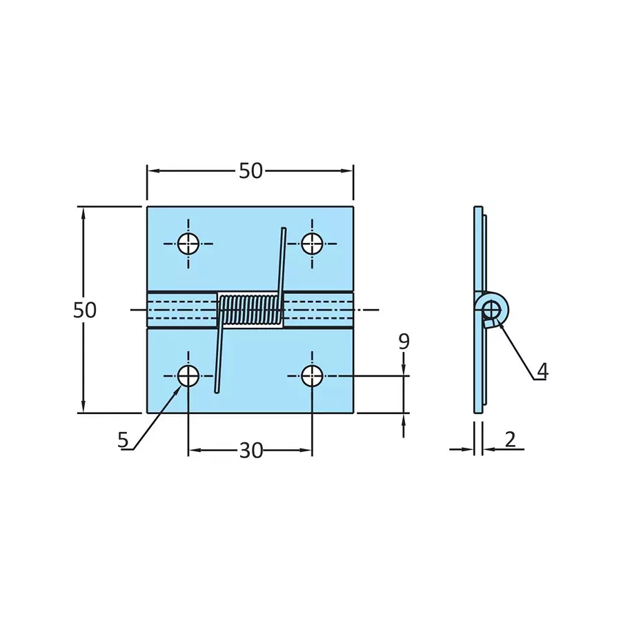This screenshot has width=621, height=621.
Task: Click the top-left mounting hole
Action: (188, 243)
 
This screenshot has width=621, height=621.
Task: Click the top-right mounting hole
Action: (312, 243)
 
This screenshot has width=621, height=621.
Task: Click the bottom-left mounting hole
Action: (188, 376)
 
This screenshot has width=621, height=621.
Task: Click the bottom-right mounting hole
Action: (312, 376)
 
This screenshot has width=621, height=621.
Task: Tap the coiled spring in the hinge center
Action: (250, 310)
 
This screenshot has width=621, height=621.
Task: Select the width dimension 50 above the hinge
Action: (250, 171)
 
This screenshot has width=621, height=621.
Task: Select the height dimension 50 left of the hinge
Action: (85, 310)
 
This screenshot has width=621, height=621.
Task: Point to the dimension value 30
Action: (251, 451)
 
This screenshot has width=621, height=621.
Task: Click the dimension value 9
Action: (404, 342)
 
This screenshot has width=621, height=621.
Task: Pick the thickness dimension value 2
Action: (510, 440)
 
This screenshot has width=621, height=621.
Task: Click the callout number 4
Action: (542, 371)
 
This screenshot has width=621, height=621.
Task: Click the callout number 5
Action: (123, 440)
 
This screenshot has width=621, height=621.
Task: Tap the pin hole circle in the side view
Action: (491, 308)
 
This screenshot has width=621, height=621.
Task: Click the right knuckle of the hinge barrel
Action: (318, 310)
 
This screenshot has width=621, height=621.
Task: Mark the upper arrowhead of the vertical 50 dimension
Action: (84, 213)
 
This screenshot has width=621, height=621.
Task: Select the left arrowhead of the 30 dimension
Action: (194, 451)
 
